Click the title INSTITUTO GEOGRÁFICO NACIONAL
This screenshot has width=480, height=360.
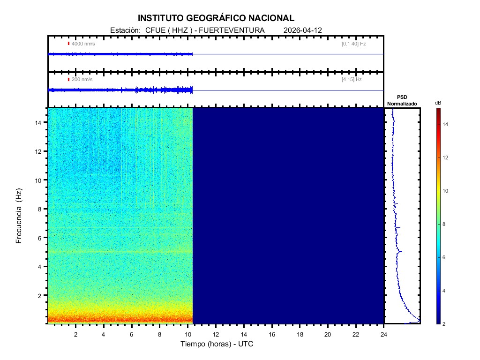(216, 18)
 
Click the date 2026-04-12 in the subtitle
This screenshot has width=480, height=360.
(302, 30)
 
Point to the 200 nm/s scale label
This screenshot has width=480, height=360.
(82, 80)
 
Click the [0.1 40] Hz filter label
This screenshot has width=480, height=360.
(353, 44)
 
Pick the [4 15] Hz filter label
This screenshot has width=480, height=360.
(352, 80)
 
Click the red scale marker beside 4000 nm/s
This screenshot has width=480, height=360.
(68, 44)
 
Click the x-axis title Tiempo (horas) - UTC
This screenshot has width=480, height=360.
(217, 344)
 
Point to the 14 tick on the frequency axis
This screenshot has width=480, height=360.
(39, 122)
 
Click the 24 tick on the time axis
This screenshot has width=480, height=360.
(384, 334)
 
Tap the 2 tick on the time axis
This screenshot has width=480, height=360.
(75, 334)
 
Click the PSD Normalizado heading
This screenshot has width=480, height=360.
(402, 101)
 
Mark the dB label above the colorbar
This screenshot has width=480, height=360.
(438, 102)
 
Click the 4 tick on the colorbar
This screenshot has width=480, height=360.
(445, 291)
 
